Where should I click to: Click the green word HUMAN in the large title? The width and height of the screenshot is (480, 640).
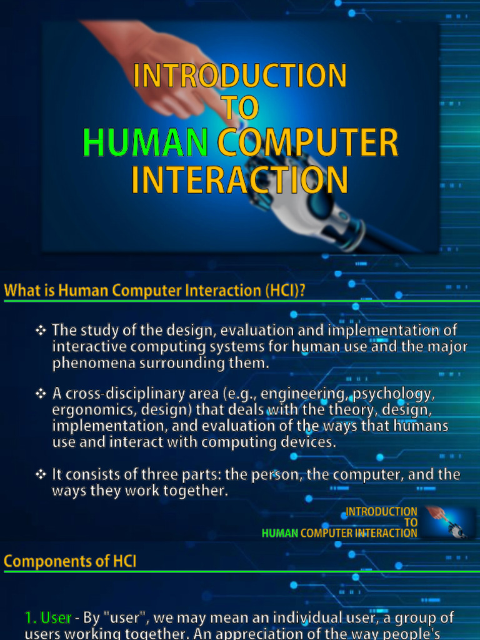[146, 143]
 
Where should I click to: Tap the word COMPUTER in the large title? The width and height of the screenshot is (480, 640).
[307, 143]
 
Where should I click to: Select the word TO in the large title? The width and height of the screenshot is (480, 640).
[240, 108]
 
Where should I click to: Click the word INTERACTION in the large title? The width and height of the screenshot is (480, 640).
[239, 179]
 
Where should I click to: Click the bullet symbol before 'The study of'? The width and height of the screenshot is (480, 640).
[41, 330]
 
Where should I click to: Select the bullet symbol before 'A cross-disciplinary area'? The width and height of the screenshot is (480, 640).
[41, 394]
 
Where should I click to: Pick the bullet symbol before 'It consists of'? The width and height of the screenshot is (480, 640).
[41, 475]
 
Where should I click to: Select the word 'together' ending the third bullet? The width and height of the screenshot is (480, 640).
[194, 491]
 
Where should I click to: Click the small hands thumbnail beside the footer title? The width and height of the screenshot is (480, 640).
[448, 522]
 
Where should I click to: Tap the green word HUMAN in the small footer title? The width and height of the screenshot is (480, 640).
[279, 533]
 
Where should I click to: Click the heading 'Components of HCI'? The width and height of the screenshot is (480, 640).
[70, 561]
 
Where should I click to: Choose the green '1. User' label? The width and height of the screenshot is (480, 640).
[48, 618]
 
